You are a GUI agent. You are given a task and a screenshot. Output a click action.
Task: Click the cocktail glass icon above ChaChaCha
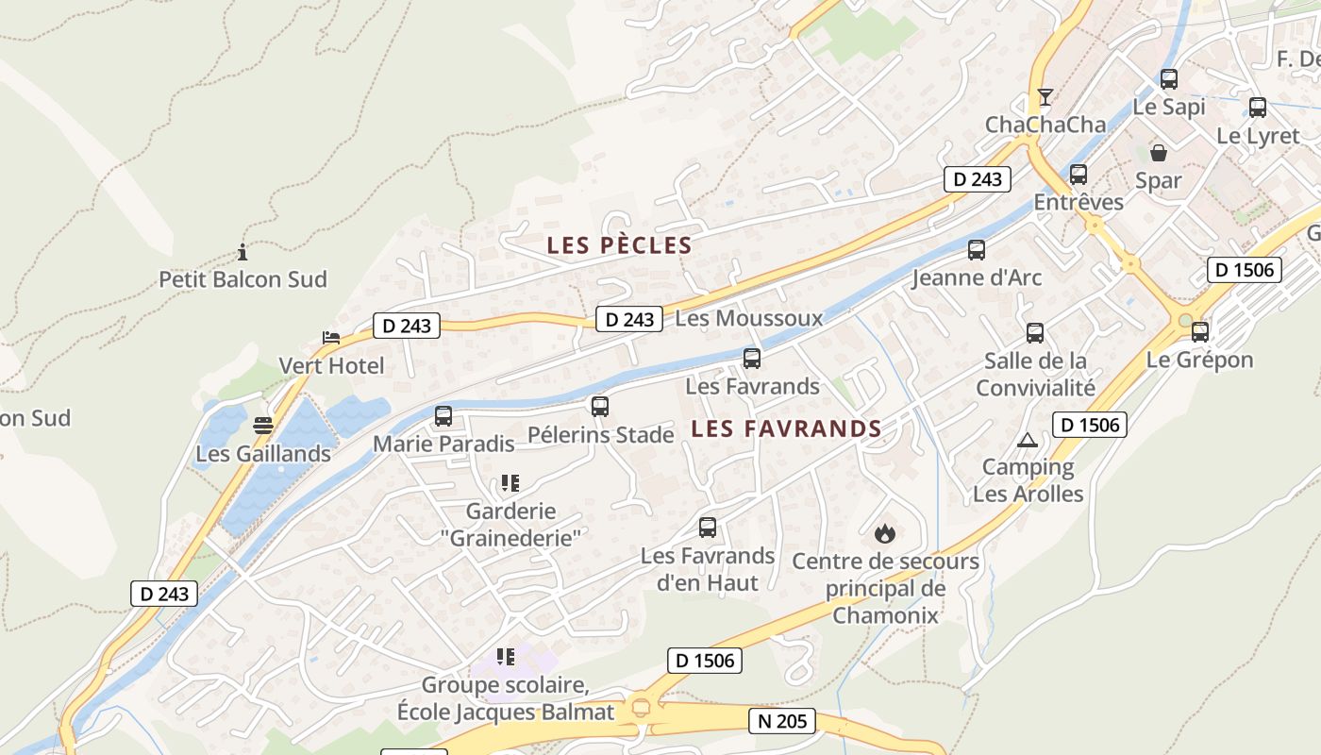1045,97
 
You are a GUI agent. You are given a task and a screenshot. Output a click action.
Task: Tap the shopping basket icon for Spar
1159,153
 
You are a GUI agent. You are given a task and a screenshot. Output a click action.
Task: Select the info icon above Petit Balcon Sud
242,252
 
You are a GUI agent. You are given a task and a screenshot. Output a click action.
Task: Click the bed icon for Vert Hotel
330,337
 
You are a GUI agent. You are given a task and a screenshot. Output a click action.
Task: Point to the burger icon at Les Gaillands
263,426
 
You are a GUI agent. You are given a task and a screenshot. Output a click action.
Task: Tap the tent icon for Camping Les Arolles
1028,440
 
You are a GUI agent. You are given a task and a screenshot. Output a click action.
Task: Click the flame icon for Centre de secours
884,533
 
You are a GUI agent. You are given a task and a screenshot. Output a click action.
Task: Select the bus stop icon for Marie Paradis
443,415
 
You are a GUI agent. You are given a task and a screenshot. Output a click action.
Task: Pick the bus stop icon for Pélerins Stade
600,407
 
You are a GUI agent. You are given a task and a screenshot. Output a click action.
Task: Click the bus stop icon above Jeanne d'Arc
977,250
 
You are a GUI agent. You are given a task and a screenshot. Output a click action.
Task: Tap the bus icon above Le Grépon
1200,332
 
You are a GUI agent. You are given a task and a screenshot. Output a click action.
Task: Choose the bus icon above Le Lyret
1258,108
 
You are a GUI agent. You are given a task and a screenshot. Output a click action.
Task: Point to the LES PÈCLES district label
620,245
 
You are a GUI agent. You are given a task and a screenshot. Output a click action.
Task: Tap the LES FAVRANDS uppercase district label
786,428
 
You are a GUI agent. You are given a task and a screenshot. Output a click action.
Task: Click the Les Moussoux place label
749,318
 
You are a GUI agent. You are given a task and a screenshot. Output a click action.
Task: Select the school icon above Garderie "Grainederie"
510,484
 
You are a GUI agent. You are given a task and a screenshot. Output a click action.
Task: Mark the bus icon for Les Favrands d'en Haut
708,528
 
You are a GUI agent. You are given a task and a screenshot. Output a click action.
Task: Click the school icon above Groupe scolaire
506,657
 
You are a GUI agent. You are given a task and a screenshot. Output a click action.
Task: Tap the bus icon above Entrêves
1079,175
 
